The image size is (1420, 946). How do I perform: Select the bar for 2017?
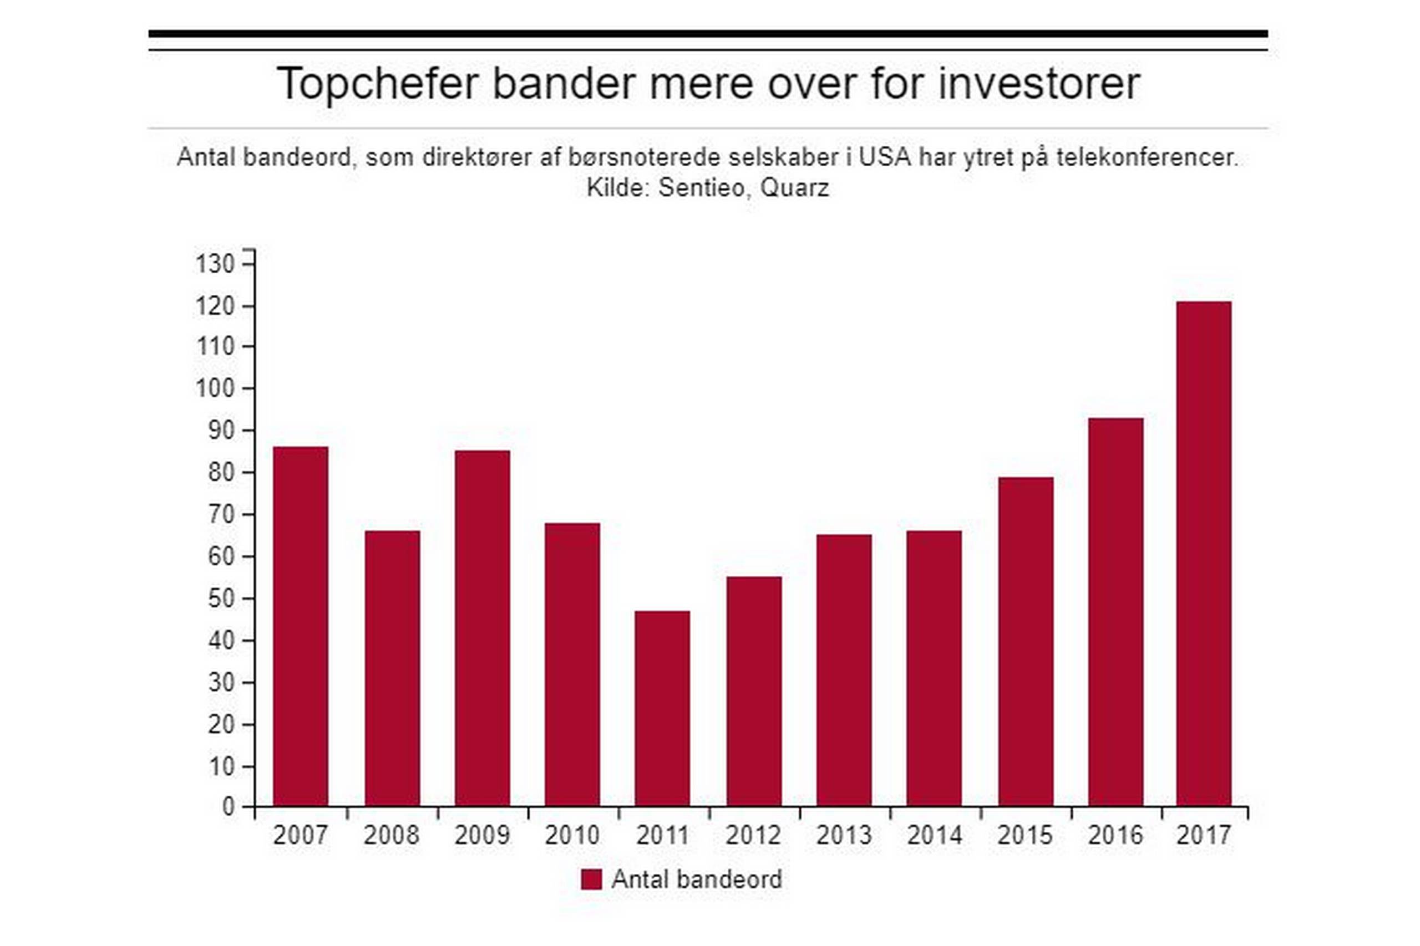pos(1203,554)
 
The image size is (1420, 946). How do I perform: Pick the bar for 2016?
pos(1115,612)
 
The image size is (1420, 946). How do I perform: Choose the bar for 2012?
pos(753,692)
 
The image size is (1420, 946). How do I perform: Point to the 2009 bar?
pos(483,628)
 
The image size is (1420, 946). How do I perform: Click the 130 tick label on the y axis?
pos(214,264)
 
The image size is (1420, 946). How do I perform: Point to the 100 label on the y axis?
pos(214,388)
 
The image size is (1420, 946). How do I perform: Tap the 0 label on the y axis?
pos(228,807)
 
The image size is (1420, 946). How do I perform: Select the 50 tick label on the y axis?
pos(221,599)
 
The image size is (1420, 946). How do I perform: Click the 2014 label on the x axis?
pos(934,836)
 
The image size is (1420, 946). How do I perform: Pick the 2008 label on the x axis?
pos(391,836)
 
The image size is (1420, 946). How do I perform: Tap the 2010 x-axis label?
pos(572,836)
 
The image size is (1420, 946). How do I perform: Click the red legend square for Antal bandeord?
pos(591,879)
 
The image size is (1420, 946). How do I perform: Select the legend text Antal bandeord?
pos(697,879)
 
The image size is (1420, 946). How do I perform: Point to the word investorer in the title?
pos(1038,83)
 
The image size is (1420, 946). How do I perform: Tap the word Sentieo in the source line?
pos(702,188)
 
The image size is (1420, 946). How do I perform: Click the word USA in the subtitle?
pos(885,157)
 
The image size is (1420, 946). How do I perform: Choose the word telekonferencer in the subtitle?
pos(1147,157)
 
